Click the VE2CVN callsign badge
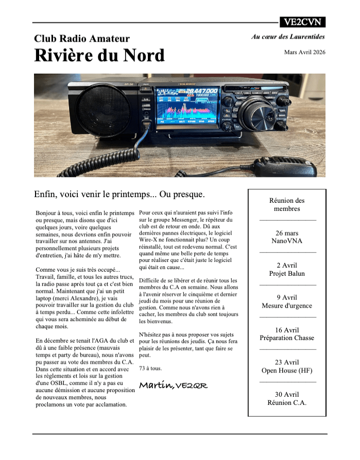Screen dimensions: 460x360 pos(302,22)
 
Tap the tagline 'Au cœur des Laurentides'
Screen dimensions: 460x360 pos(288,37)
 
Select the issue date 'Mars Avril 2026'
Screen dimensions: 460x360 pos(304,52)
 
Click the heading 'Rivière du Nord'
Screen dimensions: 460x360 pos(99,56)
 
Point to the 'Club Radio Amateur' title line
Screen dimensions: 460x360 pos(82,39)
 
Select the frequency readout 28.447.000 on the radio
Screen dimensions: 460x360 pos(201,91)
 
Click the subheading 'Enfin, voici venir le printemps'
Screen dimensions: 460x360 pos(119,194)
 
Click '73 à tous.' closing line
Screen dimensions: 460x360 pos(150,368)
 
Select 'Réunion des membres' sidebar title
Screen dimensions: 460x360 pos(287,205)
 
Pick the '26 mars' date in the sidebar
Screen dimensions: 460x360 pos(287,233)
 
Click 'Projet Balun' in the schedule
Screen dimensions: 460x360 pos(287,273)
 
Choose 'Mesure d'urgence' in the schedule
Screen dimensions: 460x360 pos(287,306)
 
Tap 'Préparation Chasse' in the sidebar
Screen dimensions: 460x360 pos(287,338)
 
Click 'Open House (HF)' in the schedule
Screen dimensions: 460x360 pos(287,370)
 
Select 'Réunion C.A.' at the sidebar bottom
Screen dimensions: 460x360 pos(287,403)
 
